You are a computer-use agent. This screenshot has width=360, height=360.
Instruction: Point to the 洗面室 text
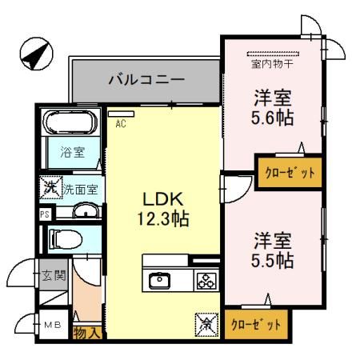tap(80, 190)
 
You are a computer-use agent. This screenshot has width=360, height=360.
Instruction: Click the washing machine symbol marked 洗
tap(50, 188)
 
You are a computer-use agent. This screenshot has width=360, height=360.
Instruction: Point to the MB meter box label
tap(51, 324)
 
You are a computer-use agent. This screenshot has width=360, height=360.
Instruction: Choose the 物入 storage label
tap(87, 332)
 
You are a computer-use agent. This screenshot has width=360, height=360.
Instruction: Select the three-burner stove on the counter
tap(206, 280)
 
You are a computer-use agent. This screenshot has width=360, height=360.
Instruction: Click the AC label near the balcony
tap(121, 124)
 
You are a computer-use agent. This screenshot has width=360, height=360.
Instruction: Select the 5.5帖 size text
tap(272, 260)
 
